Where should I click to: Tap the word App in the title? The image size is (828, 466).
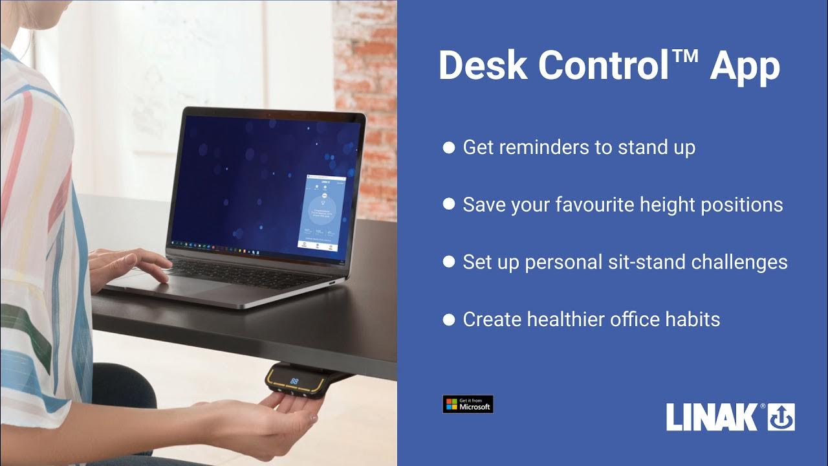[745, 67]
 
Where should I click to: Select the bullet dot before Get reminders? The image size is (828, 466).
[448, 148]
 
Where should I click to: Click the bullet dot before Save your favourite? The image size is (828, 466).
[448, 205]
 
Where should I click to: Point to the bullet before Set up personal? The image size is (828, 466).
[448, 262]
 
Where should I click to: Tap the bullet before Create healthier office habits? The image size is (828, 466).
[448, 319]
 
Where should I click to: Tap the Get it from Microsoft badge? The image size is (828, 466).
[468, 405]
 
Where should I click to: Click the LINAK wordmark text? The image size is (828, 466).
[712, 417]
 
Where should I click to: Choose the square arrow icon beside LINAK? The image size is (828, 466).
[781, 417]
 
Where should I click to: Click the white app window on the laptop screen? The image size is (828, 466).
[321, 212]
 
